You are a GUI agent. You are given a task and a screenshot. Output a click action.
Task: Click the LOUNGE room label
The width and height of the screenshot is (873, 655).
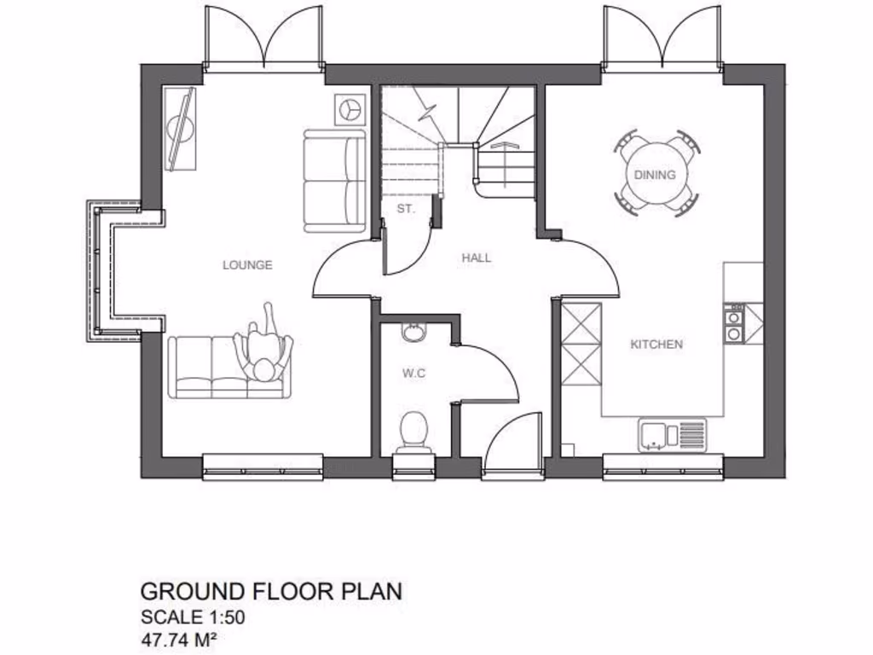(x=247, y=265)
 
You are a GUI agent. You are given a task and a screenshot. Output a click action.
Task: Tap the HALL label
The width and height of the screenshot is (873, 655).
(x=477, y=258)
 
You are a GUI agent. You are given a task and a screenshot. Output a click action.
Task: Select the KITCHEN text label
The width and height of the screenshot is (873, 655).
(x=656, y=345)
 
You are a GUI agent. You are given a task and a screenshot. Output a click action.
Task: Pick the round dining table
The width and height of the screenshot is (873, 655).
(x=655, y=174)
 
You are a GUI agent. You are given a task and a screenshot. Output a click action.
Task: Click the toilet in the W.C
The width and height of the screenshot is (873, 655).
(x=414, y=428)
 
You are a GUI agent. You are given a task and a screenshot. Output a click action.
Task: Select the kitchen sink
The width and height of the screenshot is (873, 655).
(x=672, y=435)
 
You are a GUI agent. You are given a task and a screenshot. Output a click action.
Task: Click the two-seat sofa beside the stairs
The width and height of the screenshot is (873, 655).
(x=333, y=180)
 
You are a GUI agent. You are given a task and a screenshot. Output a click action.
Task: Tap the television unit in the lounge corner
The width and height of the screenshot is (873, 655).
(x=181, y=130)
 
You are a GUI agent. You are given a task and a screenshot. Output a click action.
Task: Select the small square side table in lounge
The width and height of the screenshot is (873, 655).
(x=349, y=108)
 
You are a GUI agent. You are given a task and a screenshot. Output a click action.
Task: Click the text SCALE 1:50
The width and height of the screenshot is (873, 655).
(x=193, y=616)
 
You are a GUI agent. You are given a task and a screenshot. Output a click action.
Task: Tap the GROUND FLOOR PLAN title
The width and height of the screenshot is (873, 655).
(x=270, y=591)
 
